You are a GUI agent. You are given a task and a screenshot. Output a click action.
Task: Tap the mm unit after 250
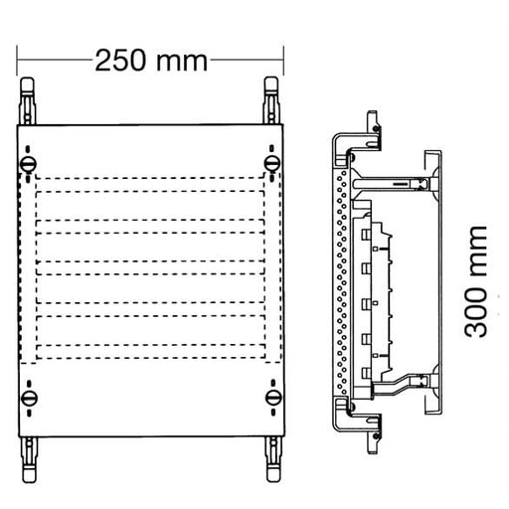182,61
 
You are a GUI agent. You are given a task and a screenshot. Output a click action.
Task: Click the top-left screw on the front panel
29,162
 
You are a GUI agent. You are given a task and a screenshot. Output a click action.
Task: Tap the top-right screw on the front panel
271,162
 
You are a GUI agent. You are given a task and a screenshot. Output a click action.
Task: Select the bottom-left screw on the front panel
29,398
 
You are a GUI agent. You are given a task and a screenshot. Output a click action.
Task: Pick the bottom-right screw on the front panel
272,398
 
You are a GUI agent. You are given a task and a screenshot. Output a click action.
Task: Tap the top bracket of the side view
363,126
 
